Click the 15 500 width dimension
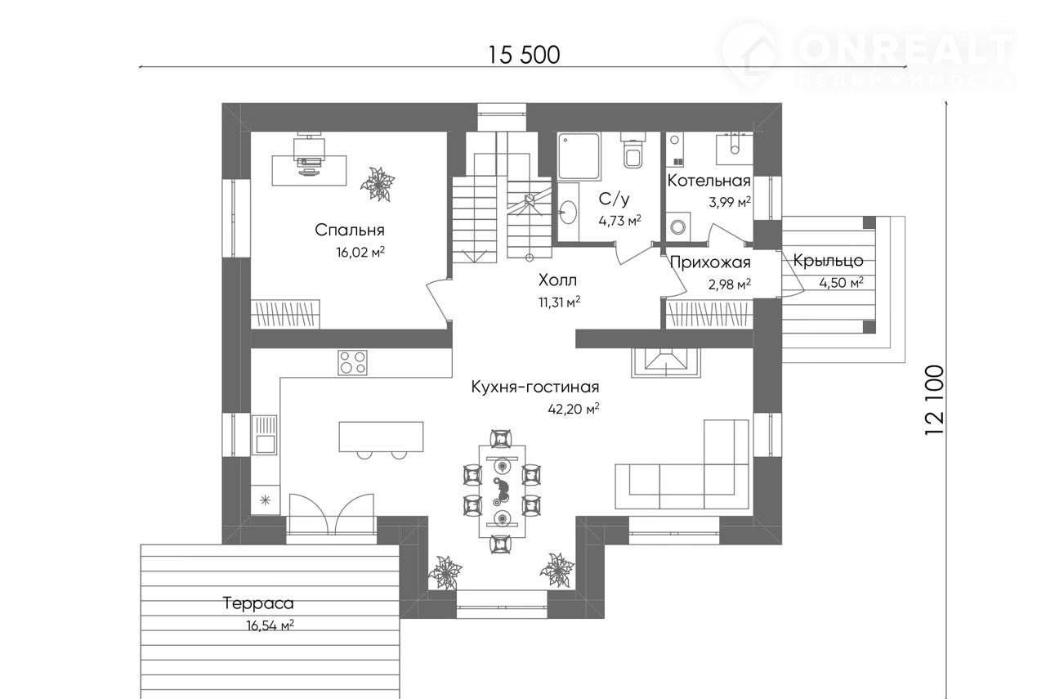(524, 55)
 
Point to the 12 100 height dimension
(934, 401)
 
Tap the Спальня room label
(349, 230)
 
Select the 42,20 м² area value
(574, 409)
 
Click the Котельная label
(709, 181)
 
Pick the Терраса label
(258, 603)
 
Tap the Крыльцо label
(828, 261)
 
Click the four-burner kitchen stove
(352, 363)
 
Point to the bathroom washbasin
(568, 213)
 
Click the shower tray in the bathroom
(579, 156)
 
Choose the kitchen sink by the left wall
(264, 435)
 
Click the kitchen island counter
(381, 437)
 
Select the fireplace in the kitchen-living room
(666, 363)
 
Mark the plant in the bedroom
(378, 185)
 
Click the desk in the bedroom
(309, 171)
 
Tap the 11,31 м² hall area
(560, 302)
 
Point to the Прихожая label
(710, 262)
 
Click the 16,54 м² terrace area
(270, 625)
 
